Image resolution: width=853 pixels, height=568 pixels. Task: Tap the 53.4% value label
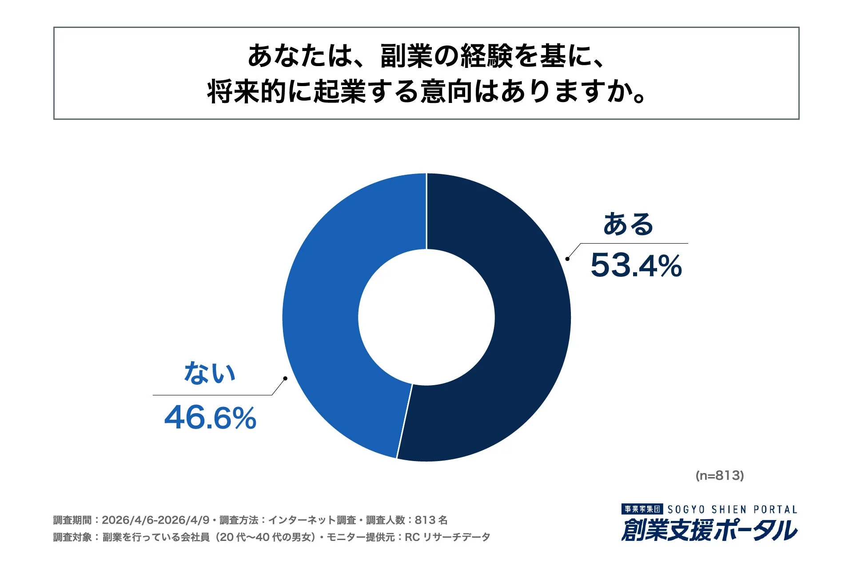tap(636, 266)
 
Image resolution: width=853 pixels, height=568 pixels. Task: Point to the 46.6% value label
tap(210, 418)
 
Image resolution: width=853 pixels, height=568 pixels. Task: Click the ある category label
tap(628, 224)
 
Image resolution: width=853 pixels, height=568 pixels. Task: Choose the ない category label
tap(209, 373)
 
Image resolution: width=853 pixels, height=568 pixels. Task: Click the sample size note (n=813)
tap(719, 476)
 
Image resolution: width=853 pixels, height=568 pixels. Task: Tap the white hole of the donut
tap(426, 317)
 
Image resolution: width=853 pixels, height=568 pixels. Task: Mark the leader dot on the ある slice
tap(567, 259)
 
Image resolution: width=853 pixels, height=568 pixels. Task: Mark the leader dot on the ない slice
tap(285, 379)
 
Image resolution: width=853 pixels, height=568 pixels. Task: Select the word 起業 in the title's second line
tap(340, 92)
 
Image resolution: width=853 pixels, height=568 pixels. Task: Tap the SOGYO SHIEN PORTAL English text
tap(732, 509)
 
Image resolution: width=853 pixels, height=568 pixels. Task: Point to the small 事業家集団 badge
tap(642, 509)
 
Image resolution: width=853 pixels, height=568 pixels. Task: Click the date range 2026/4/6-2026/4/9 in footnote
tap(155, 520)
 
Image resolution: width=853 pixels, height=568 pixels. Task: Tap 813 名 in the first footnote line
tap(431, 520)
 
